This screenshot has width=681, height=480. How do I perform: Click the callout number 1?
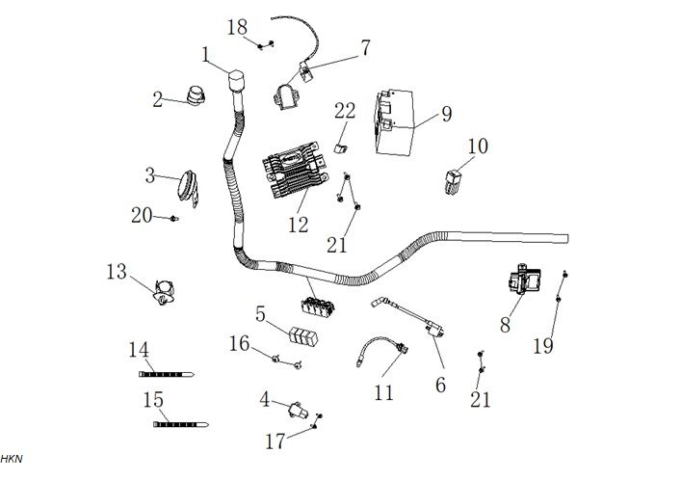(206, 55)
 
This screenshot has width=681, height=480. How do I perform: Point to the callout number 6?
(440, 383)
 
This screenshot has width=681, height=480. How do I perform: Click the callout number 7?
(365, 46)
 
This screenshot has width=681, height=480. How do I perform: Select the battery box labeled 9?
(398, 122)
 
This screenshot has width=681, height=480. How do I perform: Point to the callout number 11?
(383, 391)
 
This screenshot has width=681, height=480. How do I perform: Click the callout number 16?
(239, 343)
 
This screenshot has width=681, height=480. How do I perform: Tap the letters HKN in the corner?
(11, 459)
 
